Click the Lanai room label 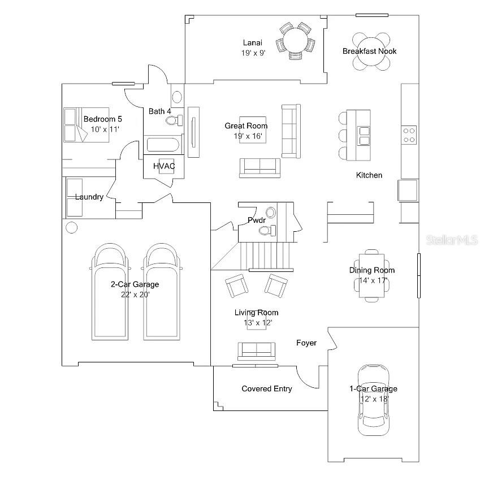click(x=253, y=42)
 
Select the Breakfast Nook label click(x=370, y=51)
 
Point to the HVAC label click(x=164, y=166)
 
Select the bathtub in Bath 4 click(x=162, y=145)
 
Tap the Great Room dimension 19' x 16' click(x=246, y=136)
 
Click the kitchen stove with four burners click(x=409, y=135)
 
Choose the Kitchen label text click(x=369, y=175)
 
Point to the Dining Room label click(x=371, y=270)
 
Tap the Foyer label click(x=306, y=343)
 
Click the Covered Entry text click(x=267, y=388)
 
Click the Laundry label click(x=89, y=197)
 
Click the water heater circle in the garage click(x=71, y=228)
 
